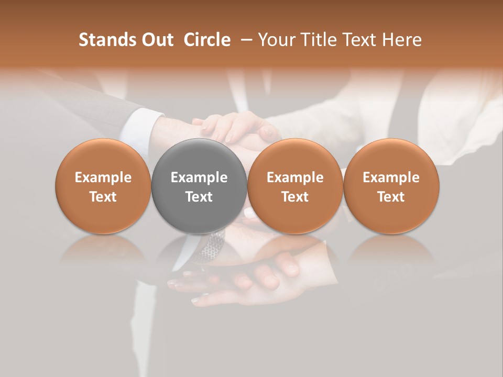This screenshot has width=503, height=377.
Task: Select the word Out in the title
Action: [156, 40]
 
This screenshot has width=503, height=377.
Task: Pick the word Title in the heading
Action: [318, 40]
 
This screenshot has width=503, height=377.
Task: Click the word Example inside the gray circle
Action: [199, 178]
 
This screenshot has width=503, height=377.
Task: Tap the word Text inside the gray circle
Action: [199, 197]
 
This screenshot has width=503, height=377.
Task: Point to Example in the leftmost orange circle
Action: [103, 178]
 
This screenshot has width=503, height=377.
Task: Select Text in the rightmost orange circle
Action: [391, 197]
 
